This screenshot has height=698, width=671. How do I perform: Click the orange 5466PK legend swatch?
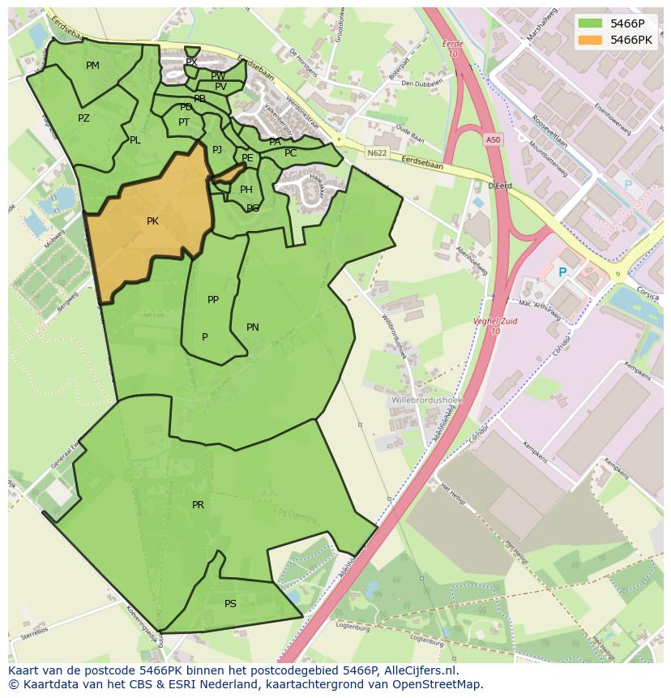click(592, 39)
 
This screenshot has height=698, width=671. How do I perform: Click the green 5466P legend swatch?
click(592, 23)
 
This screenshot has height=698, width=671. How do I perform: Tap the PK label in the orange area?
click(152, 221)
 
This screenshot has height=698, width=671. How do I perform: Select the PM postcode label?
click(92, 66)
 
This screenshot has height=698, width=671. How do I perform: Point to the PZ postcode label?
click(83, 118)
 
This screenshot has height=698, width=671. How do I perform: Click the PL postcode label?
click(135, 140)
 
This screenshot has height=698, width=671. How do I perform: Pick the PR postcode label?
click(198, 505)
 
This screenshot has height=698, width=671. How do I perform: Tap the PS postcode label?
click(230, 604)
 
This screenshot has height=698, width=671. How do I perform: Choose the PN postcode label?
click(252, 328)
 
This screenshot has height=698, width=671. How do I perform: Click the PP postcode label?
click(213, 300)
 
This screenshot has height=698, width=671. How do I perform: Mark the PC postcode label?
click(290, 153)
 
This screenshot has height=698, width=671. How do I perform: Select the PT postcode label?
click(184, 122)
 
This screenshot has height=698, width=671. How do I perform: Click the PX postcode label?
click(191, 62)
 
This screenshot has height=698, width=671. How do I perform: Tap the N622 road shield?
click(376, 152)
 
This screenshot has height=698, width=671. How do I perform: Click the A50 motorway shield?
click(494, 140)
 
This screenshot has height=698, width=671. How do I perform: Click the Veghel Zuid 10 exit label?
click(495, 326)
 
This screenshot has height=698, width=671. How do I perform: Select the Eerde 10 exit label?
click(452, 48)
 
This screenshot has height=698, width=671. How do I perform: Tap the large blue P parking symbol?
click(562, 273)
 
